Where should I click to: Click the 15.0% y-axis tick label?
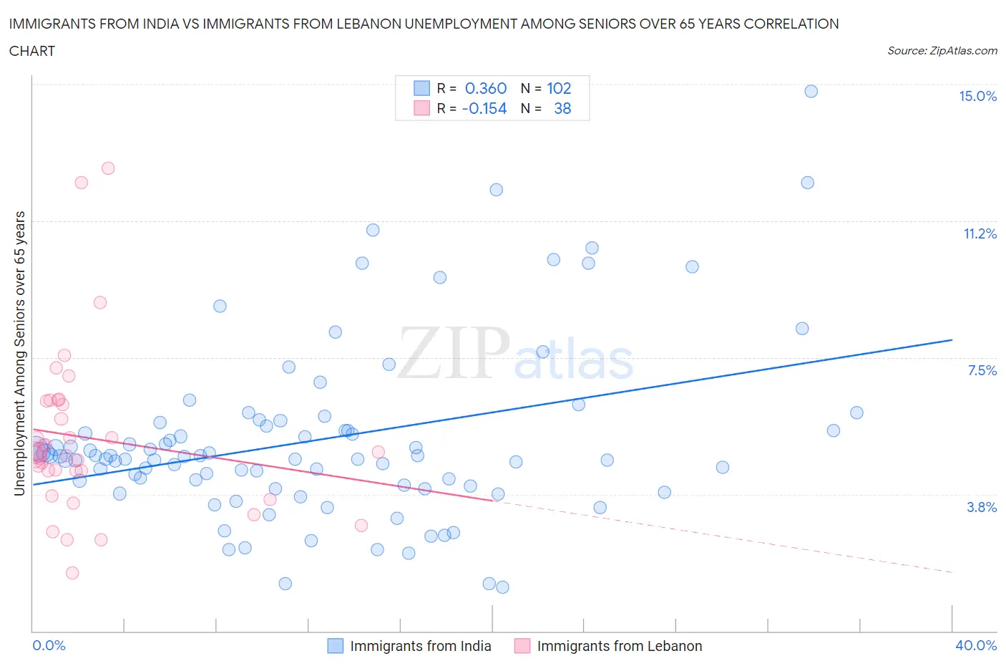pos(977,97)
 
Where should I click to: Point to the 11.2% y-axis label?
pos(980,233)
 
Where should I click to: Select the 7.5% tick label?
pos(982,370)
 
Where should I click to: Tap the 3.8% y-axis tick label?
pos(982,507)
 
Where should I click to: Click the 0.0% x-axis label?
pos(49,645)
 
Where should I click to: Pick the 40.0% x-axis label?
pos(976,645)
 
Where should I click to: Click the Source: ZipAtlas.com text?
pos(942,51)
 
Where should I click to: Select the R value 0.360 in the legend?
pos(486,88)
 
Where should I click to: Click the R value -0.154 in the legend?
pos(484,108)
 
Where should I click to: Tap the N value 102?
pos(559,88)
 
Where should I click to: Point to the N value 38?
pos(562,108)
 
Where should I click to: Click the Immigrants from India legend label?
pos(420,646)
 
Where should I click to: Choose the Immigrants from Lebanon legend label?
pos(619,646)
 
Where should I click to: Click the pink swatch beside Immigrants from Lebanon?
pos(522,646)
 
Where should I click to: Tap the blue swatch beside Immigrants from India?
pos(335,646)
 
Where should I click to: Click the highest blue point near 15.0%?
pos(811,91)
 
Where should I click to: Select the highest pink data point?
pos(108,168)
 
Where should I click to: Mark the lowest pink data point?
pos(72,573)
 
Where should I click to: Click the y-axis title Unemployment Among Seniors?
pos(20,353)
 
